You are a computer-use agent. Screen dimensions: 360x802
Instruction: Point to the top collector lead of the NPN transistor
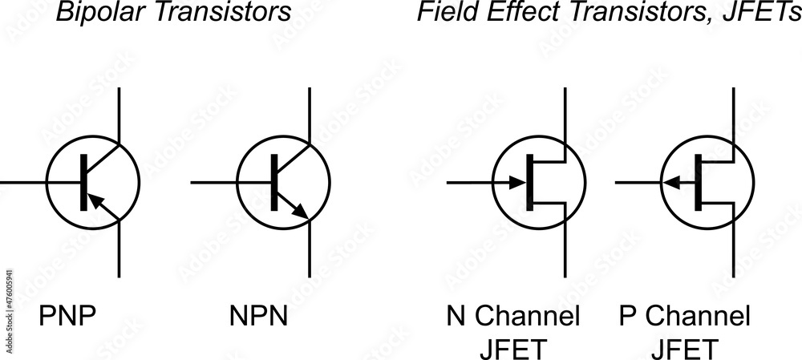pyautogui.click(x=310, y=112)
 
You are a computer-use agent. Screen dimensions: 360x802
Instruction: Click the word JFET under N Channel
pyautogui.click(x=513, y=349)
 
